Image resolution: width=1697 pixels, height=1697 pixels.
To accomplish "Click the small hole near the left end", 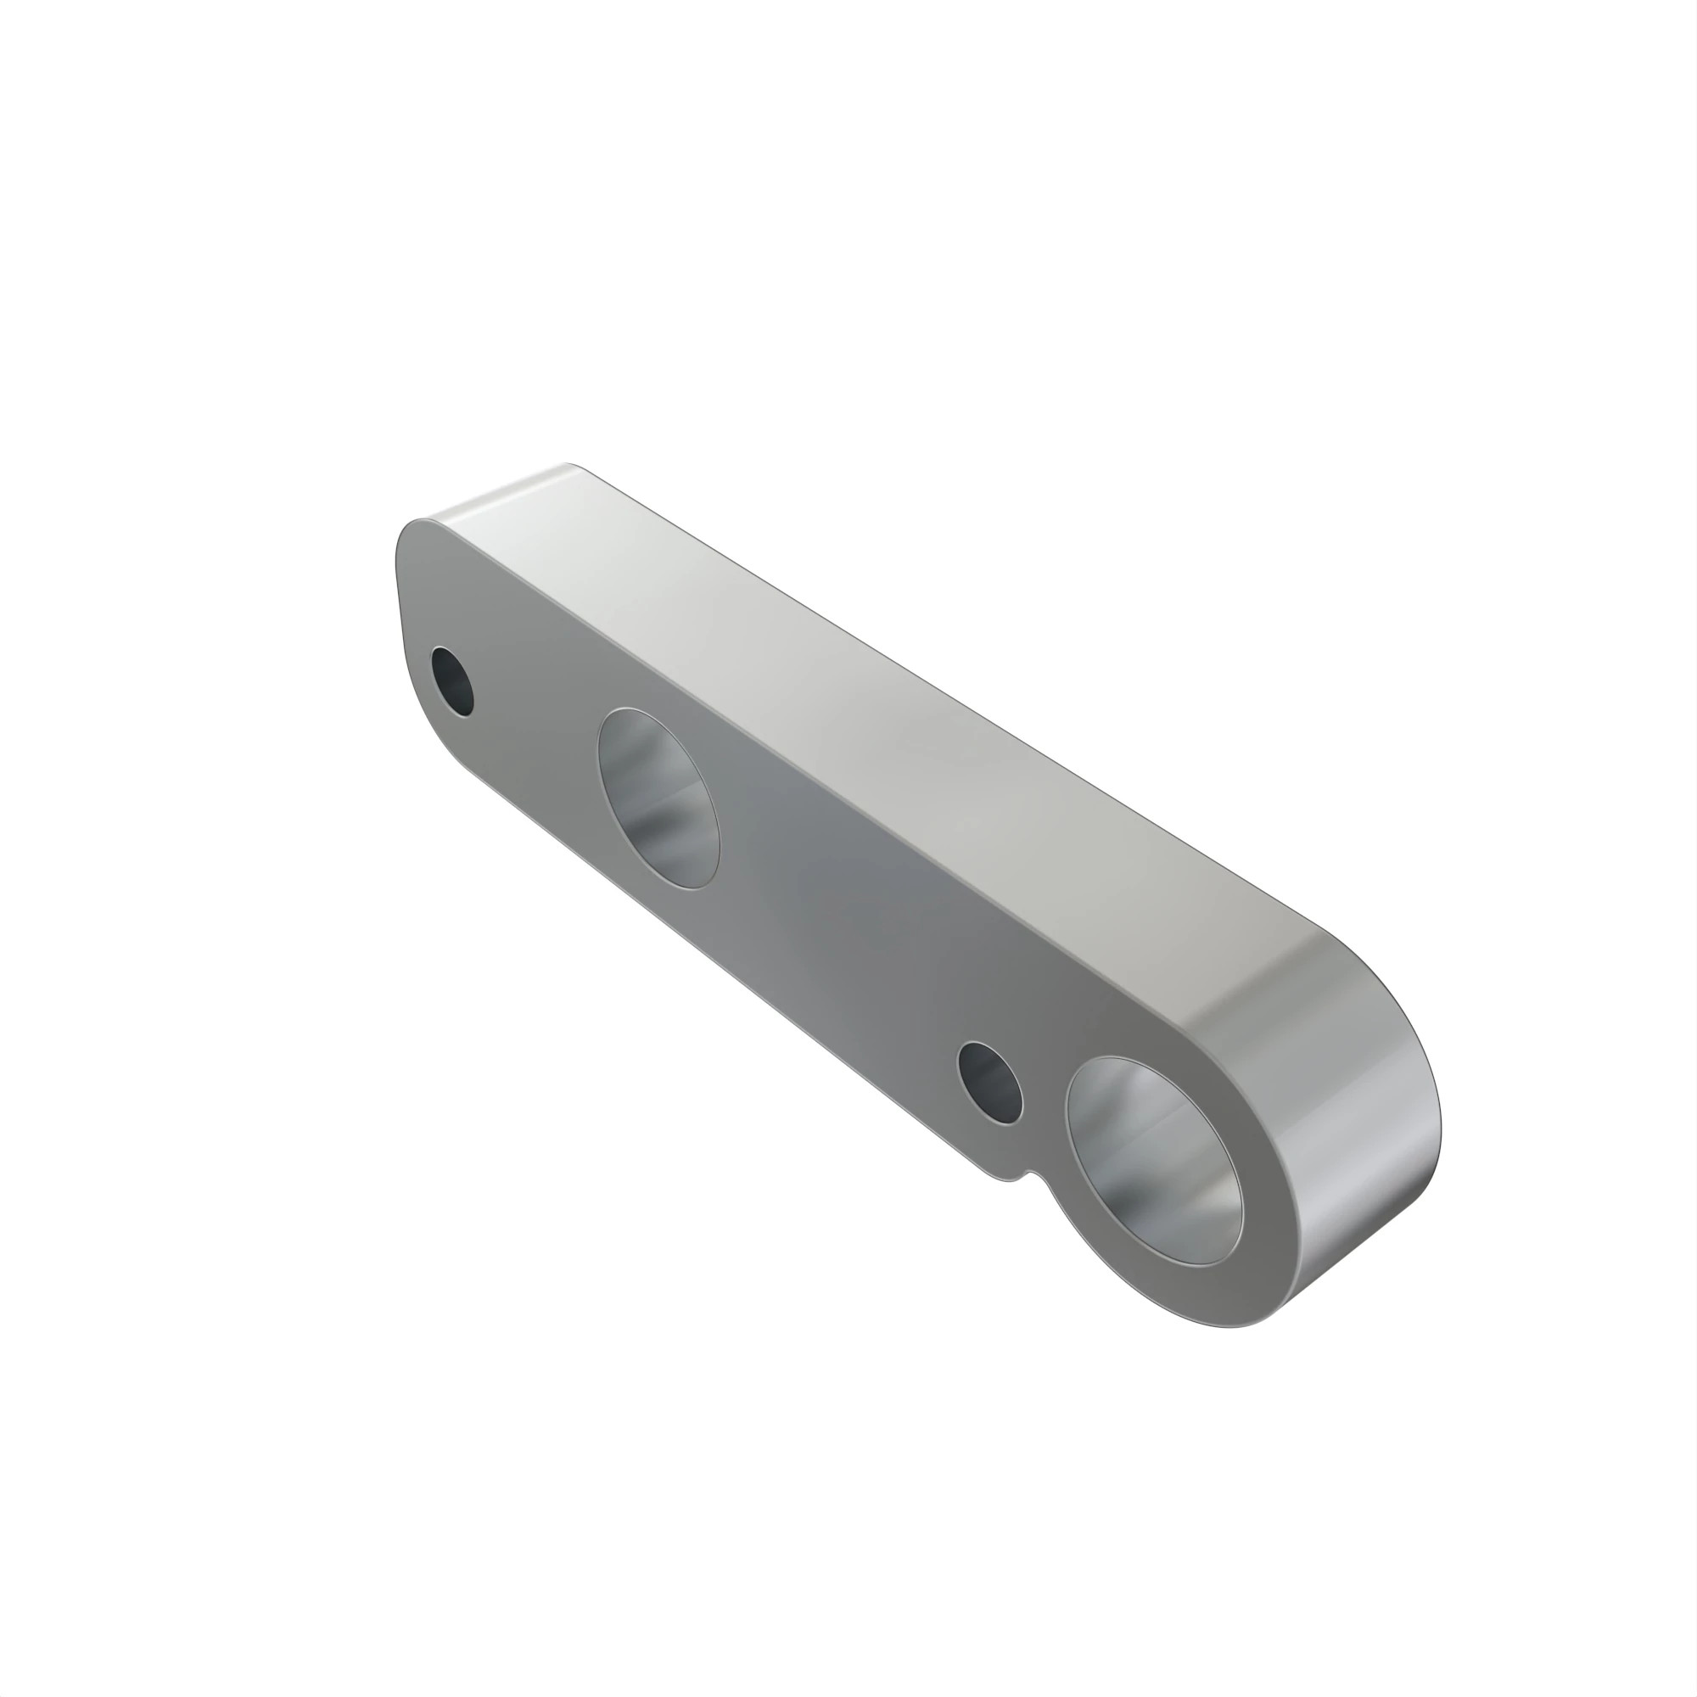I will tap(452, 680).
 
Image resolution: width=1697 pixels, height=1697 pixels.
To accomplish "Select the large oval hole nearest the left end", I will tap(658, 798).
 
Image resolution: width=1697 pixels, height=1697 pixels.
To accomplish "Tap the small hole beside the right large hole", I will tap(990, 1082).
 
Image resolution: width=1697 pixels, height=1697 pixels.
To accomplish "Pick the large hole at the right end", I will tap(1154, 1159).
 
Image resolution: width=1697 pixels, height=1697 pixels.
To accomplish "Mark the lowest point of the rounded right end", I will tap(1229, 1326).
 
